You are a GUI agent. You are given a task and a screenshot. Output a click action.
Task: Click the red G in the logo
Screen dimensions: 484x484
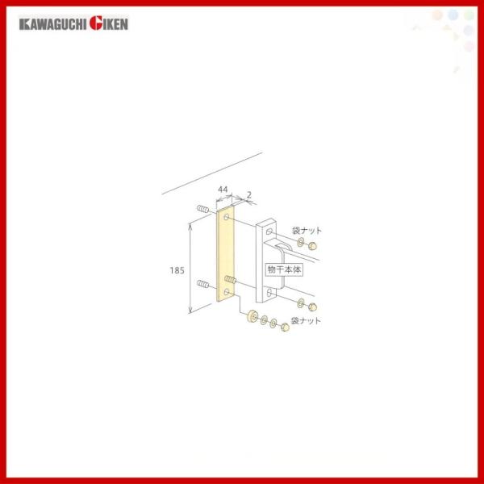click(96, 23)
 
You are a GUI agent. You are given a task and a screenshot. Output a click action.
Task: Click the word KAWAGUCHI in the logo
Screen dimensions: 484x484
click(53, 24)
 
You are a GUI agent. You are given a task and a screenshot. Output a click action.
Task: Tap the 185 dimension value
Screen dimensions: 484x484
click(177, 270)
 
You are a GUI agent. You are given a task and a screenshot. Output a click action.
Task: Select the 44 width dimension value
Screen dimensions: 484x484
click(223, 189)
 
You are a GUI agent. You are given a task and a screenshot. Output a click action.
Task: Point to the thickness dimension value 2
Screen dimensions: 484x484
click(249, 194)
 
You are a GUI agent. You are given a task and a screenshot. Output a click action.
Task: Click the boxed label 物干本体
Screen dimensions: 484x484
click(284, 269)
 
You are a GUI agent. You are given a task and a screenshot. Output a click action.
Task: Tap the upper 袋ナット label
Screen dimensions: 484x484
click(307, 230)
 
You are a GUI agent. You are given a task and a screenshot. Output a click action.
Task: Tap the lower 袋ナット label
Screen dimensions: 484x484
click(306, 321)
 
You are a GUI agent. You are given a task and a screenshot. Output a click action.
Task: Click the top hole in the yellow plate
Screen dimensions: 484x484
click(227, 217)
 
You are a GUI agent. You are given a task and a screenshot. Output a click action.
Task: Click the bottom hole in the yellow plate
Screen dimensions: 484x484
click(227, 292)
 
